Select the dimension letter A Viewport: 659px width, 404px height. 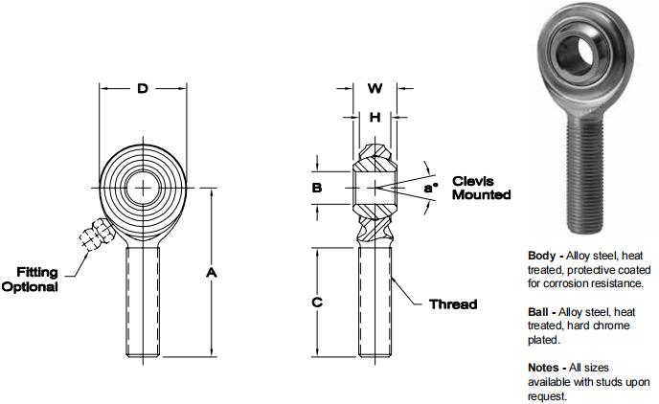tap(213, 273)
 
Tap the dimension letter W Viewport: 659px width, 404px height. tap(375, 89)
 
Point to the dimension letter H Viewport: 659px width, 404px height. tap(375, 117)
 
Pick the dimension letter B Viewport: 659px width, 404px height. tap(317, 188)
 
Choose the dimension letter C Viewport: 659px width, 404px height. tap(317, 303)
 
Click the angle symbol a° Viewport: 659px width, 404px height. tap(430, 189)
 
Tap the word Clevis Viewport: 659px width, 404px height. tap(472, 180)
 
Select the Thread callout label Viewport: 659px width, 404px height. tap(452, 304)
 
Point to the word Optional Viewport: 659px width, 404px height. tap(31, 286)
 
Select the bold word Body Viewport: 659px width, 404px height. tap(542, 256)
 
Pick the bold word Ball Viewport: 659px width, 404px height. tap(540, 312)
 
